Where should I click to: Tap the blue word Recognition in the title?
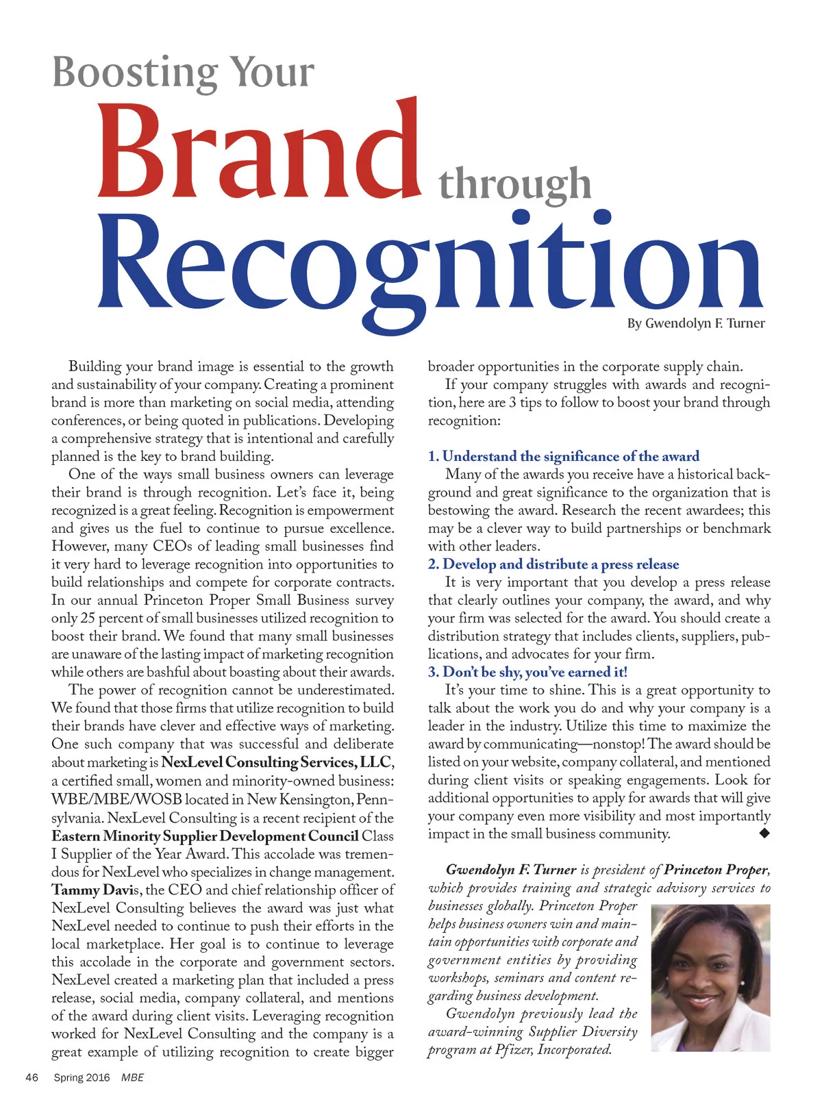tap(430, 264)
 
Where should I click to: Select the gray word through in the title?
tap(514, 184)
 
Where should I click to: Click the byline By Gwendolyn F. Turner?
tap(695, 323)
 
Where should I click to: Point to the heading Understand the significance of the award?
tap(571, 456)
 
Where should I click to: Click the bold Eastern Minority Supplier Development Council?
tap(205, 836)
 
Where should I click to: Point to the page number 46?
tap(32, 1077)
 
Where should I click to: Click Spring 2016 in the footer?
tap(82, 1077)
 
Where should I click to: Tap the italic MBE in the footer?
tap(132, 1077)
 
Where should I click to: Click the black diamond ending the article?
tap(764, 833)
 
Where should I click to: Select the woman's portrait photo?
tap(710, 978)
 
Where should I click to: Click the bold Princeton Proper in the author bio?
tap(715, 870)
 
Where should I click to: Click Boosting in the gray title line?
tap(136, 72)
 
